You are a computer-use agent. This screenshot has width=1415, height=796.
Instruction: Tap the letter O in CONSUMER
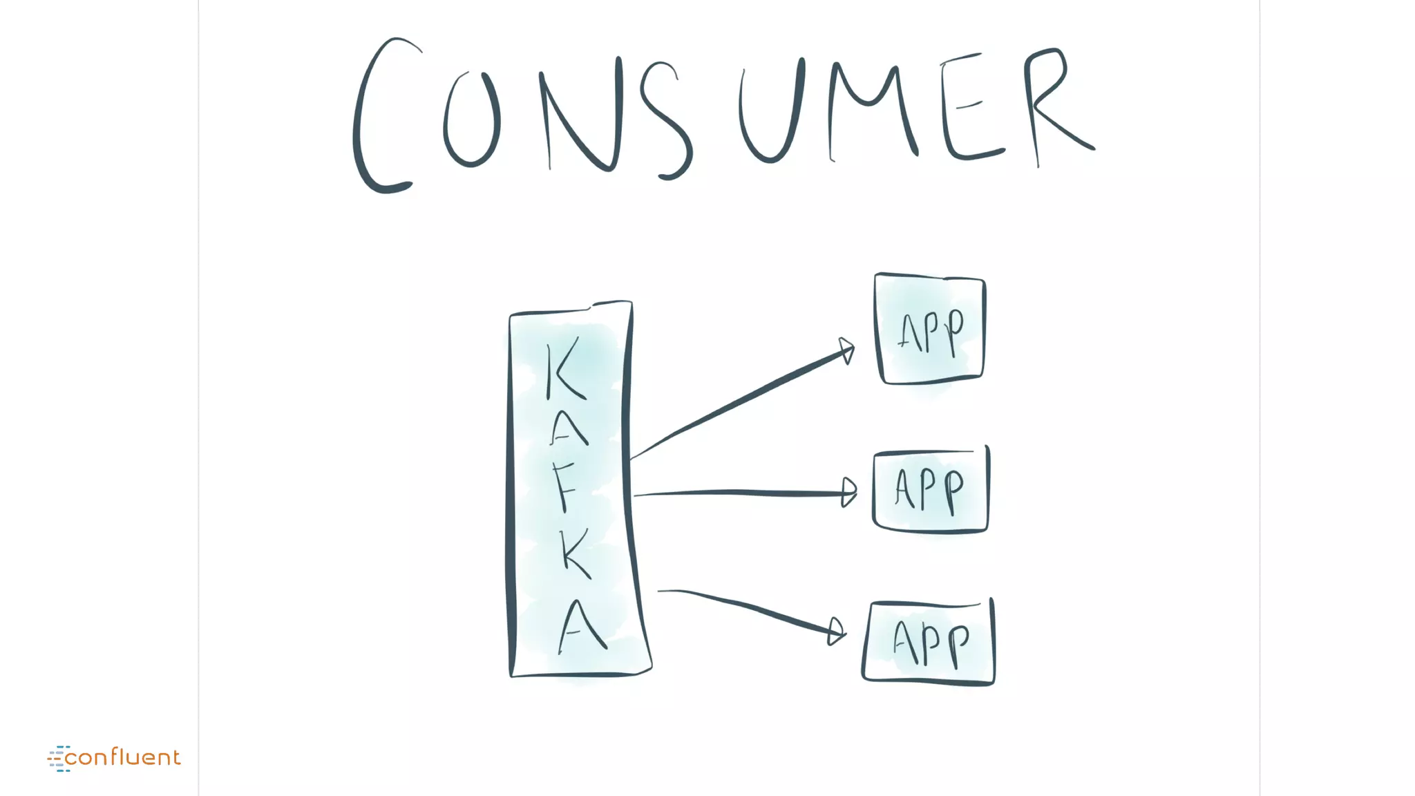(x=472, y=119)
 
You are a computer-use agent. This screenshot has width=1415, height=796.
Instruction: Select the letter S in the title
(x=665, y=121)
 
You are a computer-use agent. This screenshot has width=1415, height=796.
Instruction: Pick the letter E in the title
(x=967, y=107)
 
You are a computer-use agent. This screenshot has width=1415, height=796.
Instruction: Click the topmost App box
(x=930, y=329)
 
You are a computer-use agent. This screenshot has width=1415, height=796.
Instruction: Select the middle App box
(x=931, y=491)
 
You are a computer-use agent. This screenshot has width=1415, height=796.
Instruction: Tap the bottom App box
(x=929, y=643)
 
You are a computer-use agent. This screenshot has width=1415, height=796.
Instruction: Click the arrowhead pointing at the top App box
(x=847, y=350)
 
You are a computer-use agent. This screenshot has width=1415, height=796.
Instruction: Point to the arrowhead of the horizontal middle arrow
(x=849, y=493)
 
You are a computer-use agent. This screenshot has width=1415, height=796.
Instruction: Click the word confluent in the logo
(x=123, y=758)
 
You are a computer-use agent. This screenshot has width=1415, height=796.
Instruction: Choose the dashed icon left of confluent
(x=58, y=759)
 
